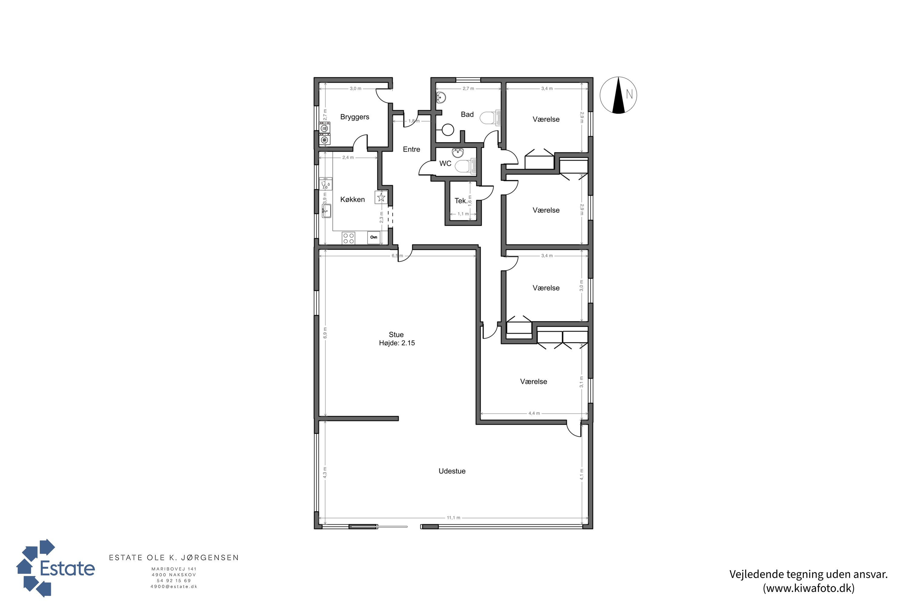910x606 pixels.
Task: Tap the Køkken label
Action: point(352,199)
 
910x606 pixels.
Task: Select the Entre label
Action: point(411,149)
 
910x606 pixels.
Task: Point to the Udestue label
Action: point(452,471)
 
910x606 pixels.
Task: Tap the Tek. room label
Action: point(460,201)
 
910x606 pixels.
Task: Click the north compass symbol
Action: point(618,95)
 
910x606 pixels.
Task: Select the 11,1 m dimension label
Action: point(453,518)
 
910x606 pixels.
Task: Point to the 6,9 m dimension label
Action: point(325,333)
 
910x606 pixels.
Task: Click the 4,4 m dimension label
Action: point(534,413)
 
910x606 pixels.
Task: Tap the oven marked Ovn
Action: point(374,237)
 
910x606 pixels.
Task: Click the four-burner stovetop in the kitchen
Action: point(348,238)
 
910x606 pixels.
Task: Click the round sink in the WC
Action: point(458,153)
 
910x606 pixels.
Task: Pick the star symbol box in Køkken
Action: point(381,198)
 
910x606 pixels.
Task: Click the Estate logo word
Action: point(67,568)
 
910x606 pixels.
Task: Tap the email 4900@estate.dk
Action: point(174,586)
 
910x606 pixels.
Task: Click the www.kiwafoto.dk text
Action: point(809,588)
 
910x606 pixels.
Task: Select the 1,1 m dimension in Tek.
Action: point(463,214)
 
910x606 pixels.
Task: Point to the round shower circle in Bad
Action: point(448,130)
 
